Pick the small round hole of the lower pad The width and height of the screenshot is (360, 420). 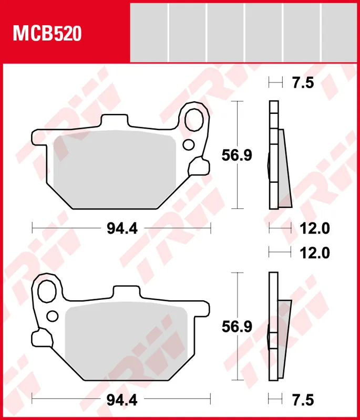click(x=53, y=316)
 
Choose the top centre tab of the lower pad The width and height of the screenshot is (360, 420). click(x=127, y=293)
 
